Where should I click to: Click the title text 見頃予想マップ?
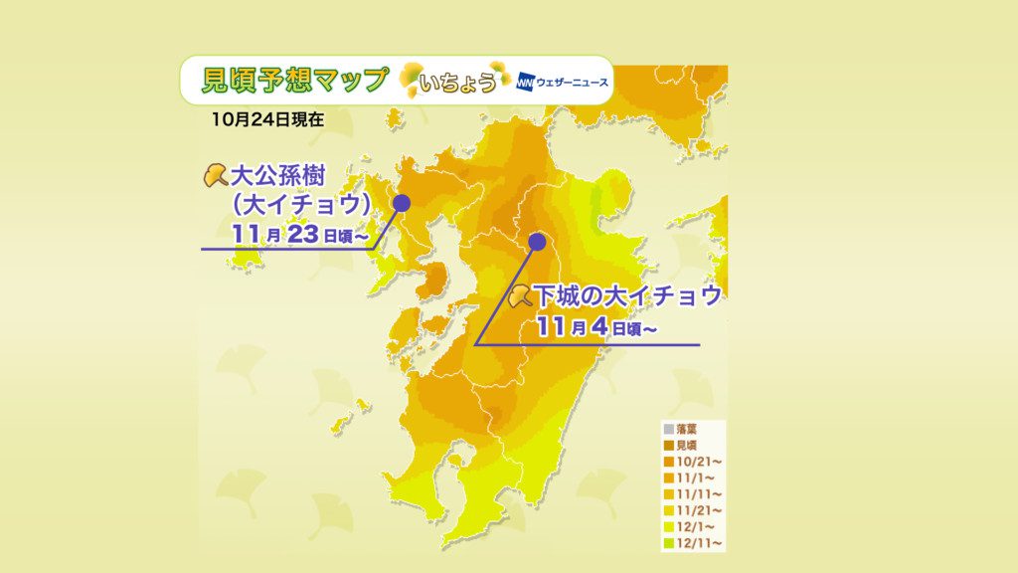point(295,80)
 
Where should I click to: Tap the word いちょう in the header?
point(457,83)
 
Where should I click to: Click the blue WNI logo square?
point(525,82)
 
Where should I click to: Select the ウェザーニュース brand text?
point(572,83)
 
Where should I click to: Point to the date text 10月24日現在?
point(267,119)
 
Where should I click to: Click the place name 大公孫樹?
point(278,175)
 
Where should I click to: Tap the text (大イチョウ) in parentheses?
point(301,205)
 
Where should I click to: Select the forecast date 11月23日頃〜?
point(300,234)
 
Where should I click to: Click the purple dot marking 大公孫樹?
point(402,203)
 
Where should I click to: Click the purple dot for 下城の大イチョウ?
point(537,243)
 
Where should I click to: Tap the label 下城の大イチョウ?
point(627,296)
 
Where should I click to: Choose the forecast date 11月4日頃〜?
point(596,326)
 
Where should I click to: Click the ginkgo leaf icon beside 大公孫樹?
point(216,175)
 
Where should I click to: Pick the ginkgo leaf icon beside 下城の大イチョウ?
point(520,296)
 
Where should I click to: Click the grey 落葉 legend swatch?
point(669,430)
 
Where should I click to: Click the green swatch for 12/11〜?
point(669,543)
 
